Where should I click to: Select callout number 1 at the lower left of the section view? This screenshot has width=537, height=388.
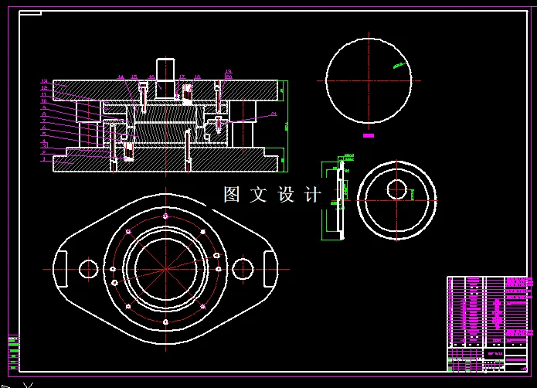tap(44, 160)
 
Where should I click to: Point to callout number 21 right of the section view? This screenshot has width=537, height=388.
tap(274, 114)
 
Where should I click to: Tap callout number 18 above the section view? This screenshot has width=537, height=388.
tap(197, 77)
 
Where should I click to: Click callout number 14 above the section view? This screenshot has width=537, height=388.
tap(121, 77)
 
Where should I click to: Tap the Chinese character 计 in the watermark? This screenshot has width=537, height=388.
tap(313, 195)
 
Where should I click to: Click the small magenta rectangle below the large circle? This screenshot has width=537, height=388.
tap(369, 135)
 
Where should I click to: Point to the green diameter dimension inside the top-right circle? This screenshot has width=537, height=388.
tap(398, 66)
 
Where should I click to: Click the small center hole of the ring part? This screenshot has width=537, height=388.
tap(397, 189)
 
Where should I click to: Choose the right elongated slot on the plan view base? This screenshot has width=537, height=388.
tap(270, 268)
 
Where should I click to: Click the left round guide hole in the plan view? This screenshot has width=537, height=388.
tap(88, 268)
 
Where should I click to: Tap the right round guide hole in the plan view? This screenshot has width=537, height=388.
tap(243, 268)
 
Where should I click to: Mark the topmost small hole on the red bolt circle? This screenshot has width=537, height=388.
tap(165, 216)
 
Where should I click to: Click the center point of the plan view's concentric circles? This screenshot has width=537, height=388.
tap(165, 268)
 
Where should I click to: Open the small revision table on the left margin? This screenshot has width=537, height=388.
tap(13, 352)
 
